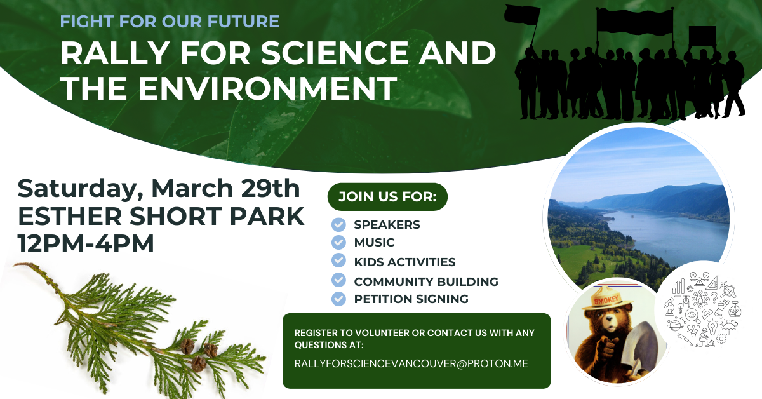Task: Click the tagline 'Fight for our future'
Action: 170,22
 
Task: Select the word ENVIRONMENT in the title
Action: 267,89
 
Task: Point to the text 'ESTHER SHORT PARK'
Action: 161,217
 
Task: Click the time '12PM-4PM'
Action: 86,244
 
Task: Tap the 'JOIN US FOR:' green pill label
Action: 387,196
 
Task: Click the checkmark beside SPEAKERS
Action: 339,224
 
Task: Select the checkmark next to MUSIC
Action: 339,242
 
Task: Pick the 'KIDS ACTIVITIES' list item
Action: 404,262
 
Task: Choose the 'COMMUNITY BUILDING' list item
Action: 425,281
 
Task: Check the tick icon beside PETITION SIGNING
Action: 339,299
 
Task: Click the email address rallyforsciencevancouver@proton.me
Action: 411,364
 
